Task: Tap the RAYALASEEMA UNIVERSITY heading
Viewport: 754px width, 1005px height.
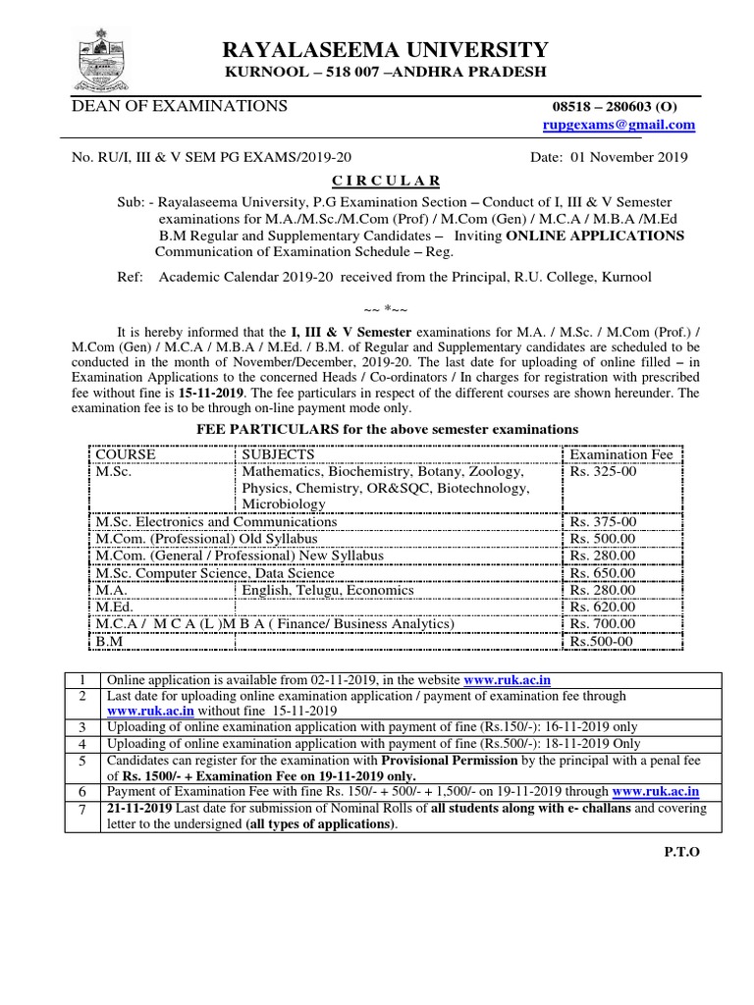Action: tap(386, 50)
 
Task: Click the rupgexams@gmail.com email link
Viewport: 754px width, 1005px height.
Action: tap(619, 125)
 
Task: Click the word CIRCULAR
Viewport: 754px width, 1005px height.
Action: tap(386, 180)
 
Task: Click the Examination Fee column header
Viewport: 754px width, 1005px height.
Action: tap(621, 454)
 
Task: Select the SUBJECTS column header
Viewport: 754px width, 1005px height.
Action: tap(278, 454)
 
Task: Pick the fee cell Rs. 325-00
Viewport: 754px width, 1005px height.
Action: tap(604, 471)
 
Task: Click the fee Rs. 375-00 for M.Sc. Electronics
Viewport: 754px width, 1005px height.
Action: tap(604, 522)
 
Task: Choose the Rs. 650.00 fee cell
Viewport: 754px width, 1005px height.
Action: tap(604, 573)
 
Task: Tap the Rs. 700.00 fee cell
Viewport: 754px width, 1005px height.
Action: tap(604, 624)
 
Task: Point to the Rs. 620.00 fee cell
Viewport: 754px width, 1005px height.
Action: tap(604, 608)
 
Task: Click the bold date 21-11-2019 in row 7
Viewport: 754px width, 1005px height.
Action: tap(140, 808)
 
